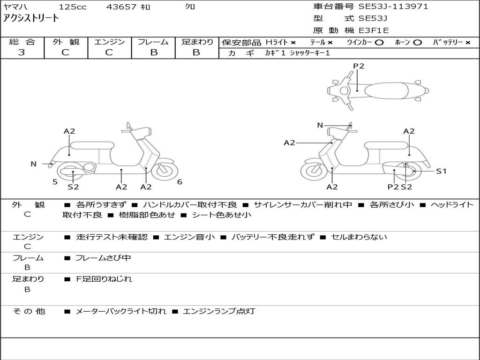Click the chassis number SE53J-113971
click(x=393, y=7)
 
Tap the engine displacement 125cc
click(x=72, y=7)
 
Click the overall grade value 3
click(x=22, y=52)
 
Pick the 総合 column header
click(x=22, y=42)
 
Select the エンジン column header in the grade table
click(x=109, y=42)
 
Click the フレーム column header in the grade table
click(x=153, y=42)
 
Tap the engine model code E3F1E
click(x=374, y=30)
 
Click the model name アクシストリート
click(x=31, y=18)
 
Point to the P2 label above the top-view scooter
click(x=359, y=66)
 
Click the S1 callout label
click(x=441, y=171)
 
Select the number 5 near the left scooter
click(x=55, y=182)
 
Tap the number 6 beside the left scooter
click(x=180, y=182)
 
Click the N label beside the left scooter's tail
click(x=34, y=164)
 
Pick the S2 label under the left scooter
click(x=73, y=187)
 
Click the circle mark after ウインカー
click(x=379, y=42)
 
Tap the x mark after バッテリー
click(x=467, y=42)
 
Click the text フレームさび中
click(x=103, y=258)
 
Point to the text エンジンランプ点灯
click(x=219, y=311)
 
